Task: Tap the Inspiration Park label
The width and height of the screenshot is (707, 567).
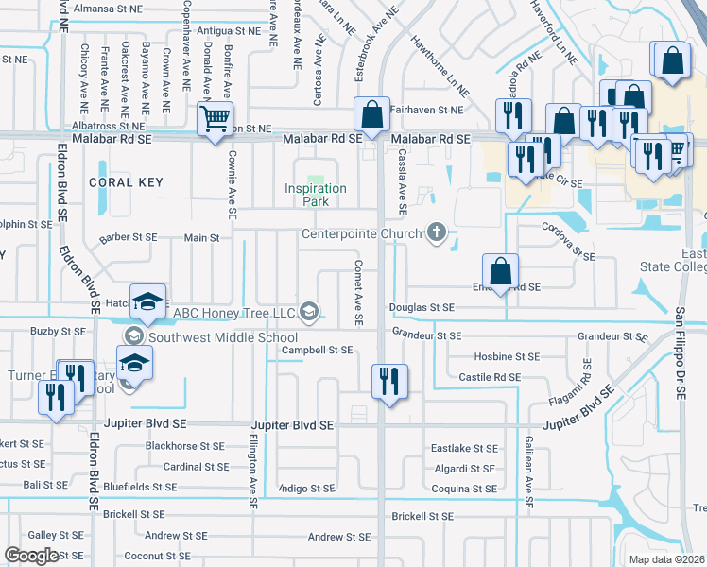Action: click(x=316, y=195)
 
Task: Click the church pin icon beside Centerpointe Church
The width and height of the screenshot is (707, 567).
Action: click(x=436, y=232)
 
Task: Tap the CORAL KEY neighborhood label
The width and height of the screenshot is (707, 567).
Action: click(x=126, y=182)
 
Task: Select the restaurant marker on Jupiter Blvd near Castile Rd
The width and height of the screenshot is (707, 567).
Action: click(x=389, y=382)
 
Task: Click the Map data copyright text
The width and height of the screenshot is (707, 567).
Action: click(x=666, y=559)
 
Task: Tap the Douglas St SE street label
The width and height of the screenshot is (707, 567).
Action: click(x=422, y=308)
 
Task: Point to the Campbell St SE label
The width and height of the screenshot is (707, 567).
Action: click(x=318, y=350)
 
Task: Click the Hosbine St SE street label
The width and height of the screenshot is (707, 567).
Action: click(x=506, y=357)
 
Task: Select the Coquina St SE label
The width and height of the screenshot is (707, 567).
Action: click(x=463, y=489)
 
